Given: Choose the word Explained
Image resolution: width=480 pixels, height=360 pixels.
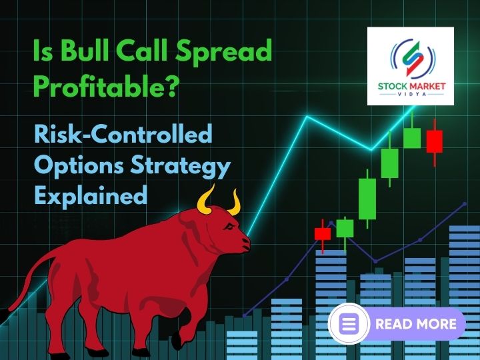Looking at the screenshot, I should tap(90, 196).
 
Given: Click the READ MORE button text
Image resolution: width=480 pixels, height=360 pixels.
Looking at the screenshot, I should tap(416, 324).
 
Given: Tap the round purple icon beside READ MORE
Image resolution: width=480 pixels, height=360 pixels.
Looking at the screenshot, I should tap(349, 324).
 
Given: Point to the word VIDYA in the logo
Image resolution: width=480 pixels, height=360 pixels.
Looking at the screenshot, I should tap(411, 95).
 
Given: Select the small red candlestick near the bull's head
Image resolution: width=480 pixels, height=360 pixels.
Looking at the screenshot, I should tap(323, 234).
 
